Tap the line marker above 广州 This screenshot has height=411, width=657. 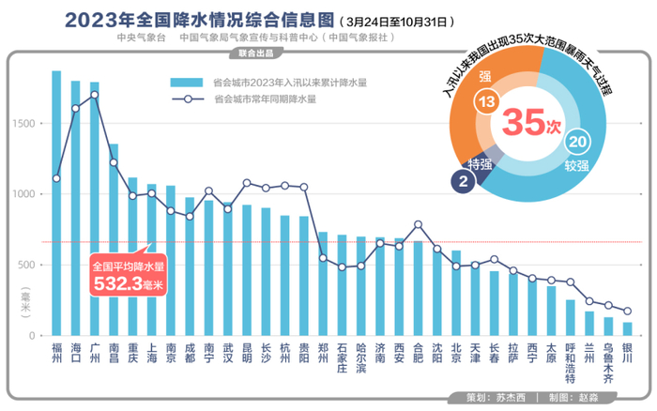95,95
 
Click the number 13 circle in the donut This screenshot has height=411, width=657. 485,101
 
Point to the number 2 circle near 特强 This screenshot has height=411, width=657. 464,182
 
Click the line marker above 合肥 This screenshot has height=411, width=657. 418,224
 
